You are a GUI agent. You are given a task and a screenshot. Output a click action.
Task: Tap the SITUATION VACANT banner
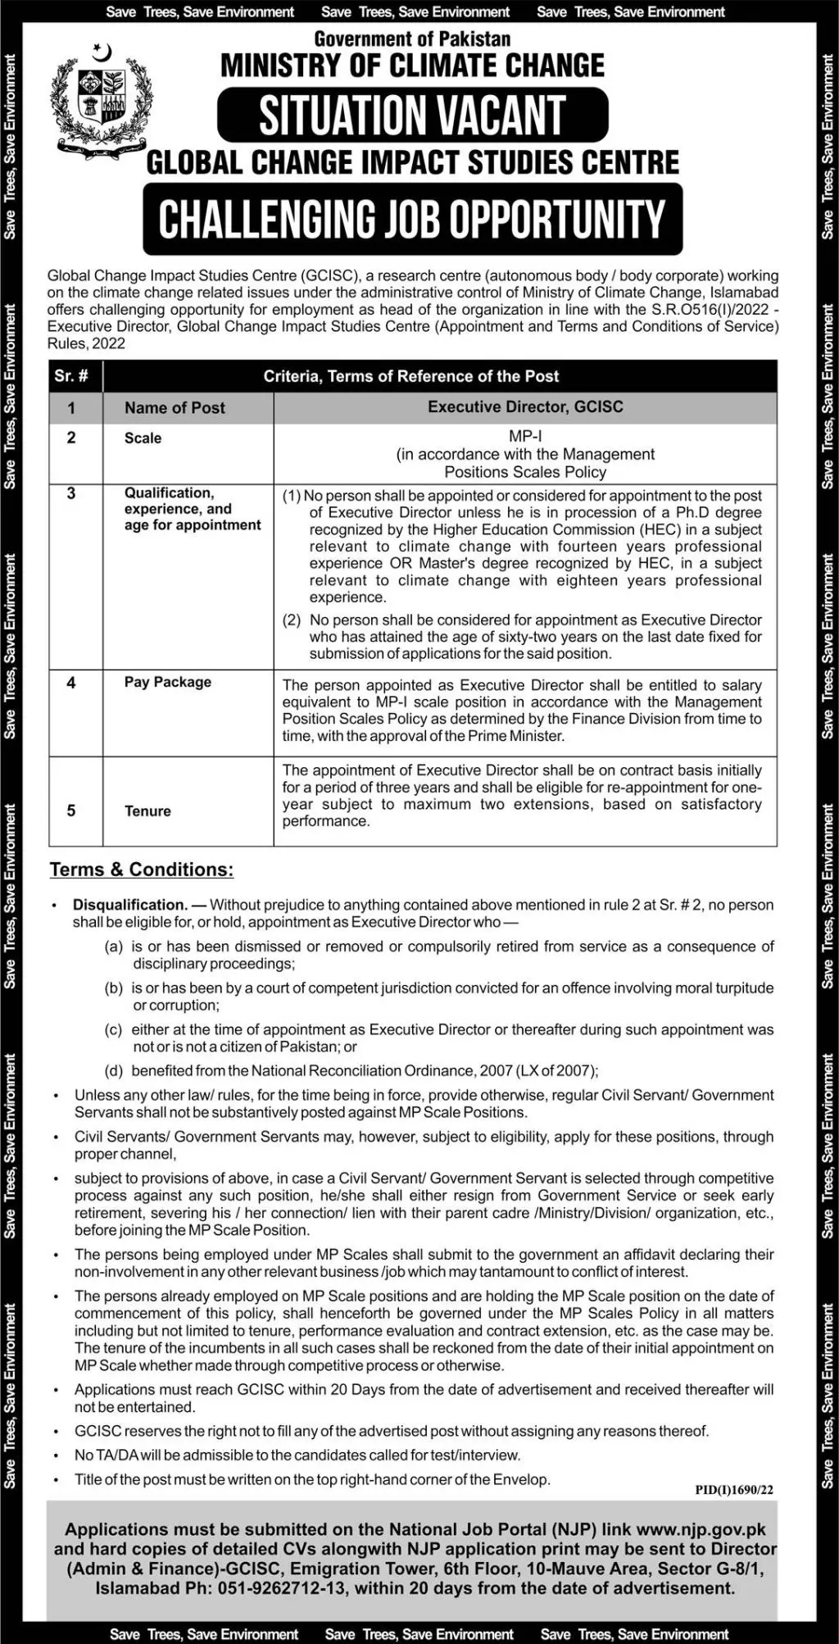(412, 115)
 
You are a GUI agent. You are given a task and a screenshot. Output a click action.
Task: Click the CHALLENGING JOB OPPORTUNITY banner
(412, 219)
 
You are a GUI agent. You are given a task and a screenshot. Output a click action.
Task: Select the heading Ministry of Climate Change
(412, 66)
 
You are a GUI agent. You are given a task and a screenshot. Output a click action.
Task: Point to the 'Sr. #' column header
(72, 376)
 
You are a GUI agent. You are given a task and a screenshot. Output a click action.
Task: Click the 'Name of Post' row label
(175, 407)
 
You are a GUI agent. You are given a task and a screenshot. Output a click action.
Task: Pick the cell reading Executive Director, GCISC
(525, 406)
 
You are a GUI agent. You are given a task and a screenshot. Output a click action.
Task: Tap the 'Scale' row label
(143, 438)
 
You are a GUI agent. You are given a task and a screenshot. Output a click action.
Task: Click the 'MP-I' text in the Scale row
(525, 437)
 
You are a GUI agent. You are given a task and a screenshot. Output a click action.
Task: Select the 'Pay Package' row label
(168, 682)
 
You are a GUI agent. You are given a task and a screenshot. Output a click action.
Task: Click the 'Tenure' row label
(147, 811)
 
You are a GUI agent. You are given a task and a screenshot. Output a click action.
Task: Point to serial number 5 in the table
(71, 811)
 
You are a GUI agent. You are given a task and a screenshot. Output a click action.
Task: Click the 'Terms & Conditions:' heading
(142, 870)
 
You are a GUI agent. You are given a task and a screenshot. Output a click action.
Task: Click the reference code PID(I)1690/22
(733, 1490)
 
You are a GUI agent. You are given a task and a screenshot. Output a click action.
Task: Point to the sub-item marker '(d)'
(114, 1070)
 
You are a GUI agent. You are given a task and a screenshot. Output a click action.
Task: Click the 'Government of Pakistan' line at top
(412, 39)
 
